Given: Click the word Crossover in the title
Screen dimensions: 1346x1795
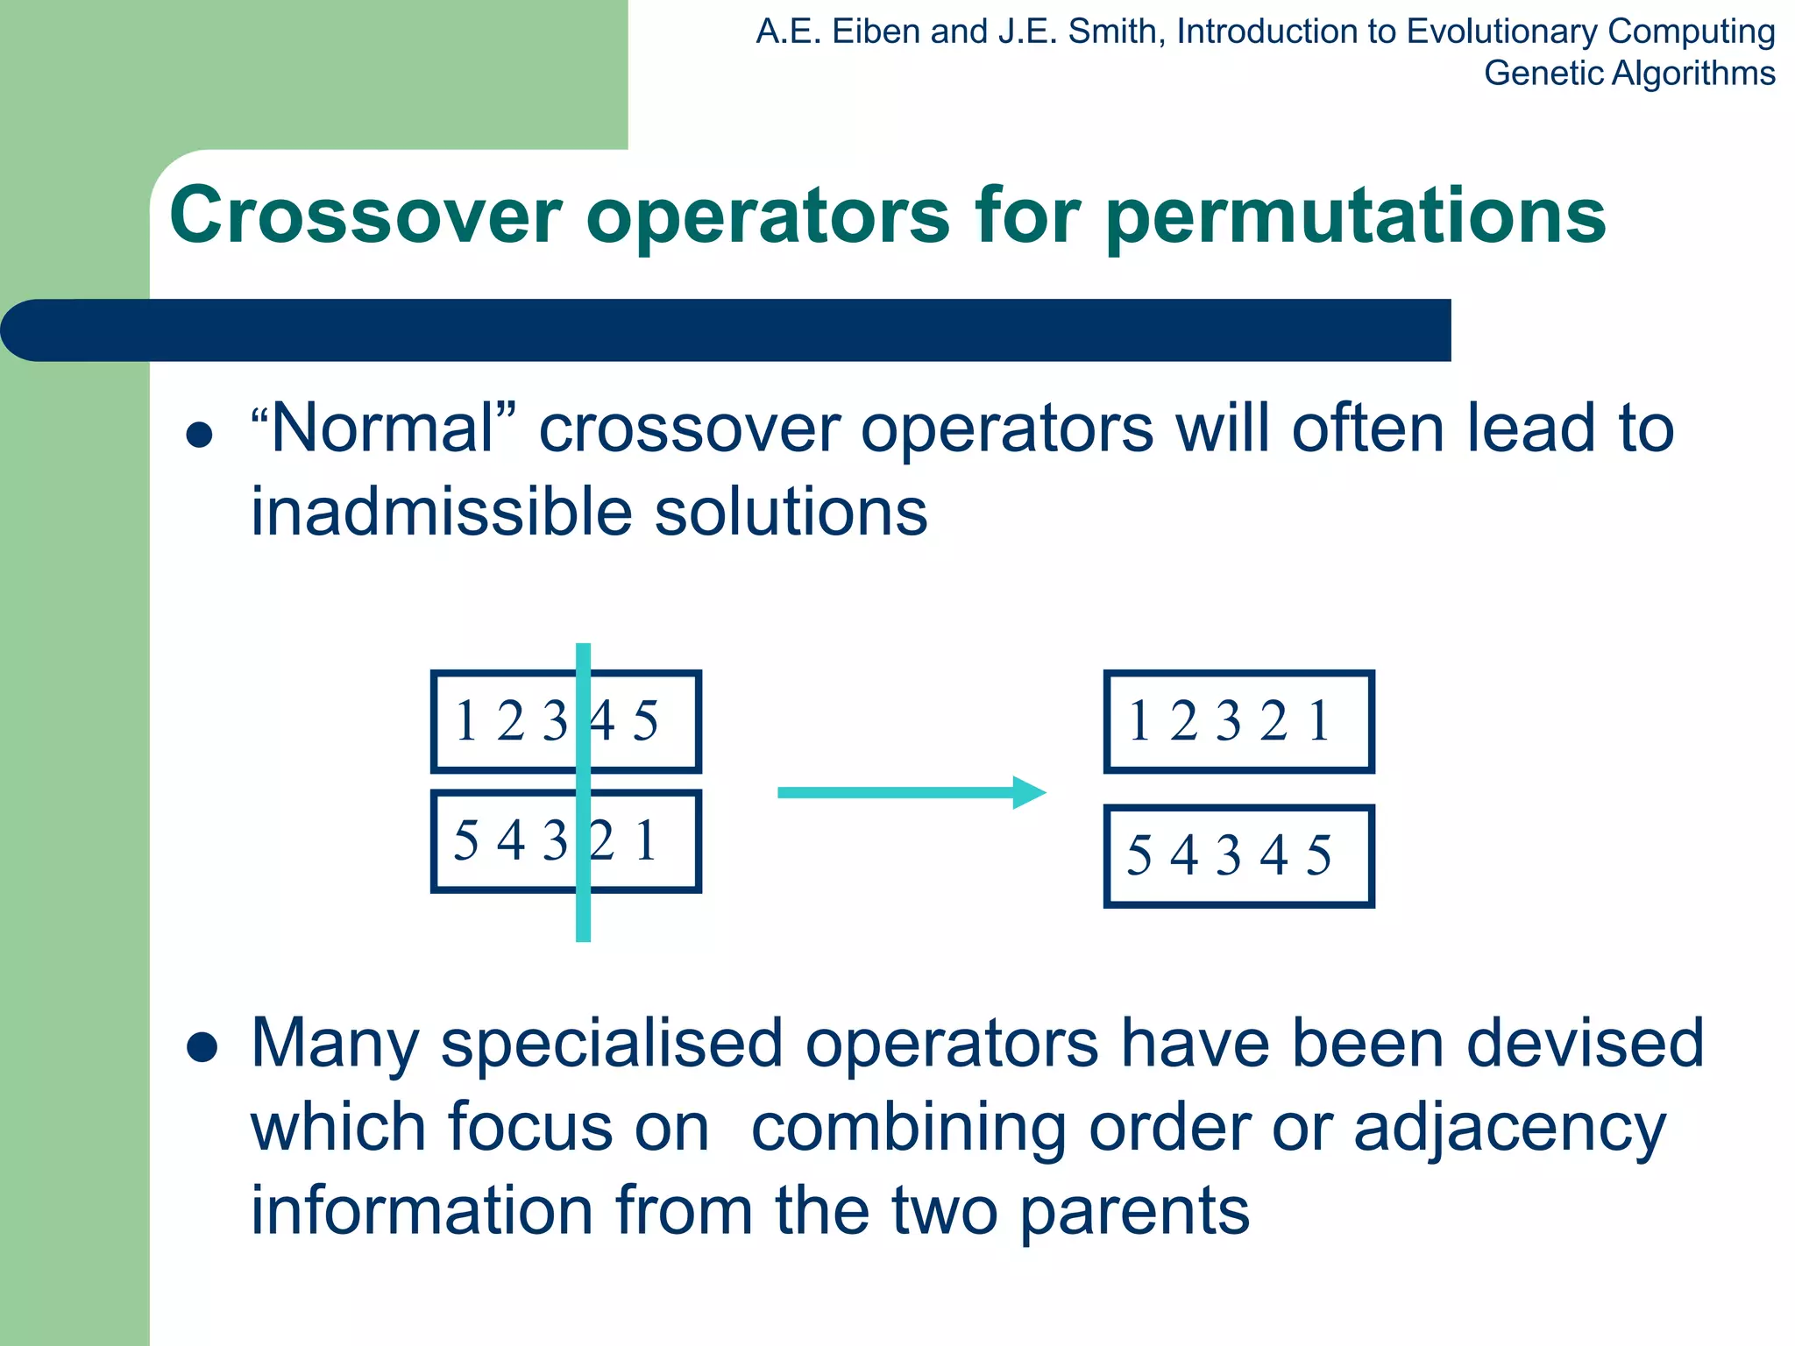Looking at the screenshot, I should point(365,216).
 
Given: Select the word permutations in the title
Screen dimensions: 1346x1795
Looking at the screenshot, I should point(1355,216).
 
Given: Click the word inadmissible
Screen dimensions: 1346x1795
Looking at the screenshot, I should point(441,512).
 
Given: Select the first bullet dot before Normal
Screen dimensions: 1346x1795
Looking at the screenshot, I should point(200,436).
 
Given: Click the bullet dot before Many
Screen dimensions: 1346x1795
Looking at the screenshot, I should point(202,1047).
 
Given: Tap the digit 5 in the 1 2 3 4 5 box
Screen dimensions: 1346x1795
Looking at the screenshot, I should point(645,722).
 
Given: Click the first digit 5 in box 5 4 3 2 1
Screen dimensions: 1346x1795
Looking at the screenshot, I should point(466,840).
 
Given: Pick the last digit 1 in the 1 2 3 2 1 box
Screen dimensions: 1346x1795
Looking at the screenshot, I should point(1319,722).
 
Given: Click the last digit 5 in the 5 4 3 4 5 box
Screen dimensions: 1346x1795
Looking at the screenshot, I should point(1319,856).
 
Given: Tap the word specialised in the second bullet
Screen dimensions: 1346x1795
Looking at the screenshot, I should point(611,1044).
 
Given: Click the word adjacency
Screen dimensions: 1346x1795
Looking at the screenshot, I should point(1509,1129).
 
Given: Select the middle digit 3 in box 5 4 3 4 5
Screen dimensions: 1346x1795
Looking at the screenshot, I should point(1229,856).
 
